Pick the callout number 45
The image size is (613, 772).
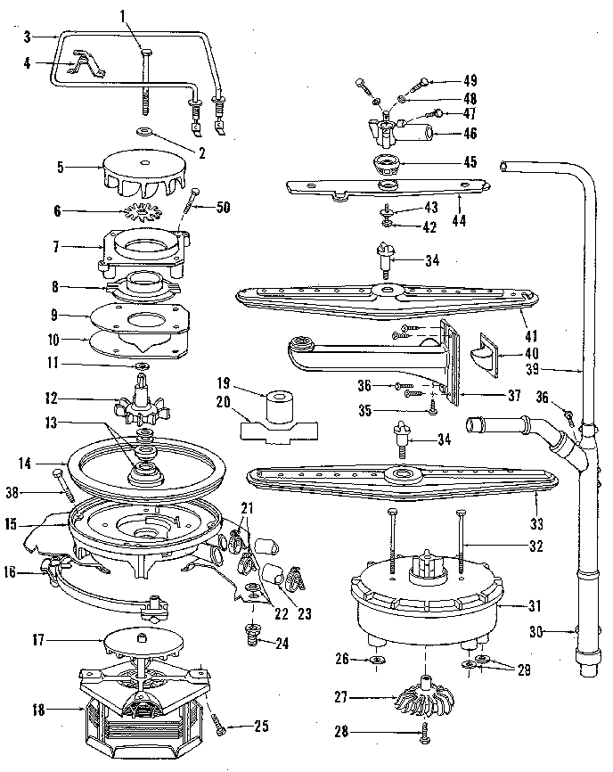[470, 162]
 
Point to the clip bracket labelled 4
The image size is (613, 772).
[86, 65]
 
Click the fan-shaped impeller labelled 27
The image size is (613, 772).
[421, 698]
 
